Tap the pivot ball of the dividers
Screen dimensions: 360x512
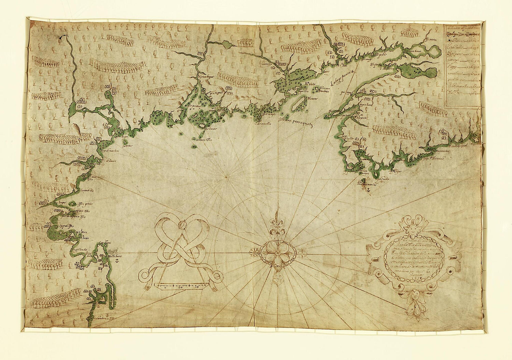[x=184, y=224]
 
